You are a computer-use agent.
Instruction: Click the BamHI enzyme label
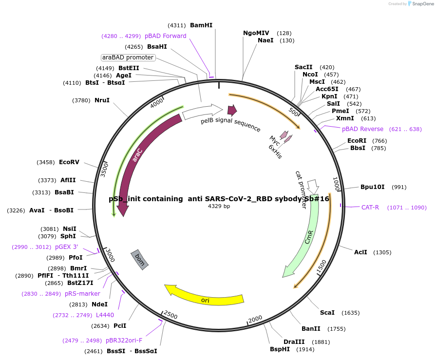click(201, 25)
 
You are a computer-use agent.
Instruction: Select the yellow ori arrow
click(205, 297)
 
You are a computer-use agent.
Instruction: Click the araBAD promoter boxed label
click(128, 57)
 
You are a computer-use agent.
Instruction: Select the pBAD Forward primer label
click(165, 36)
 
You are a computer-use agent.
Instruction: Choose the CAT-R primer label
click(370, 208)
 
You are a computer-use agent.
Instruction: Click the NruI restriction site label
click(102, 100)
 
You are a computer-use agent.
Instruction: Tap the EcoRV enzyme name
click(69, 162)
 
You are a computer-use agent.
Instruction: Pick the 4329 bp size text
click(219, 207)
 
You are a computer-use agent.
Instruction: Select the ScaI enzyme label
click(327, 313)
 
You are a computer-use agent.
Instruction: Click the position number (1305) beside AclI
click(382, 252)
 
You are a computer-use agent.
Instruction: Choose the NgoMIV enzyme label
click(256, 33)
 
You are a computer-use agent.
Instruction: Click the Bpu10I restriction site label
click(373, 187)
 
